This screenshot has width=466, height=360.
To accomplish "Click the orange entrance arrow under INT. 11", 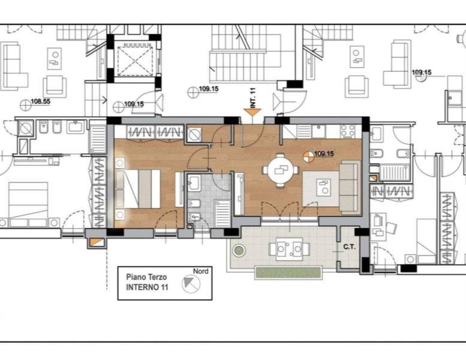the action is (252, 112).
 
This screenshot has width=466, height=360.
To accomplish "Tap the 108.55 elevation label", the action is (41, 101).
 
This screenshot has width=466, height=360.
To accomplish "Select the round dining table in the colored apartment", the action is (280, 170).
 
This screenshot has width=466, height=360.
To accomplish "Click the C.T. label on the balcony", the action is (350, 247).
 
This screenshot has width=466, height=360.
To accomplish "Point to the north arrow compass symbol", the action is (191, 283).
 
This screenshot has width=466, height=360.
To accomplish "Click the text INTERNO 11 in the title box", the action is (147, 287).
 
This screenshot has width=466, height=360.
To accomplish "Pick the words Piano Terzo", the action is (146, 277).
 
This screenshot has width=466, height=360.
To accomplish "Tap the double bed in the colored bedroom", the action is (138, 189).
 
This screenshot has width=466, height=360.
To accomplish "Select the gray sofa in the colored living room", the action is (350, 187).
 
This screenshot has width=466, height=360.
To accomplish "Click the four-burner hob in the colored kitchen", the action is (348, 131).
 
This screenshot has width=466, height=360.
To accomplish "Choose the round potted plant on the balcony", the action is (239, 251).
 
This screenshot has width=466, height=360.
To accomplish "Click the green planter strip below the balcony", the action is (288, 272).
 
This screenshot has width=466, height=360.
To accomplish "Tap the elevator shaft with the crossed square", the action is (134, 61).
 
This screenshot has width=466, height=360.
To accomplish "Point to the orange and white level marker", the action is (308, 157).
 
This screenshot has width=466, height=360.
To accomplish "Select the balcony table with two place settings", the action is (289, 249).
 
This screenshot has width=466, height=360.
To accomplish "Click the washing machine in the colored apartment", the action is (195, 134).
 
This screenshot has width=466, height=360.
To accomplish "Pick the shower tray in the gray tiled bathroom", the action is (223, 214).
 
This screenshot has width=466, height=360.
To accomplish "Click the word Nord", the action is (200, 271).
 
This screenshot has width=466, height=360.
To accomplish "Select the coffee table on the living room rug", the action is (323, 187).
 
